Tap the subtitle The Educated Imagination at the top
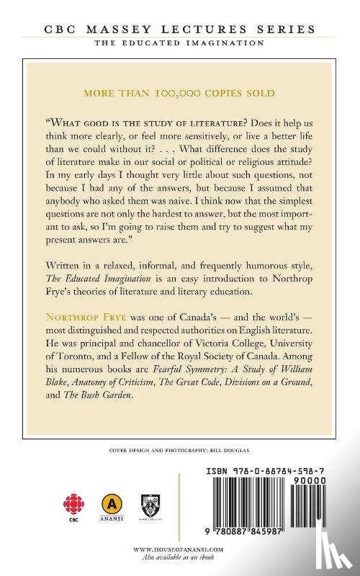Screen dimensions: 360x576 (x=180, y=44)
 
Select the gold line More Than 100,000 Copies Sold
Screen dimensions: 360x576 (x=180, y=94)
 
